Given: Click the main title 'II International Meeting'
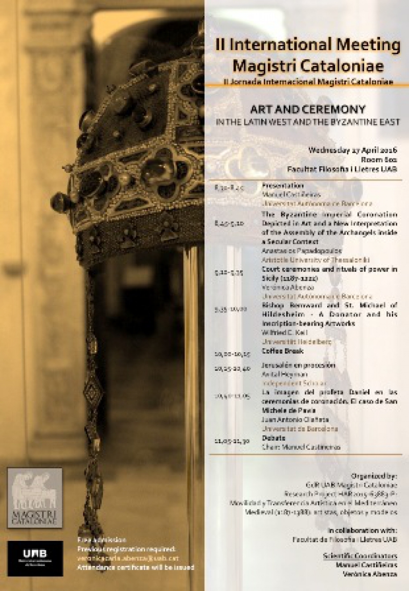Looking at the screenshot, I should (x=307, y=46).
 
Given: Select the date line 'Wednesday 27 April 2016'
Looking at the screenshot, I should (x=352, y=151).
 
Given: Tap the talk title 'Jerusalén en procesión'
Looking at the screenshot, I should (x=291, y=366).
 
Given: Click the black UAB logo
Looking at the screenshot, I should (x=35, y=558).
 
